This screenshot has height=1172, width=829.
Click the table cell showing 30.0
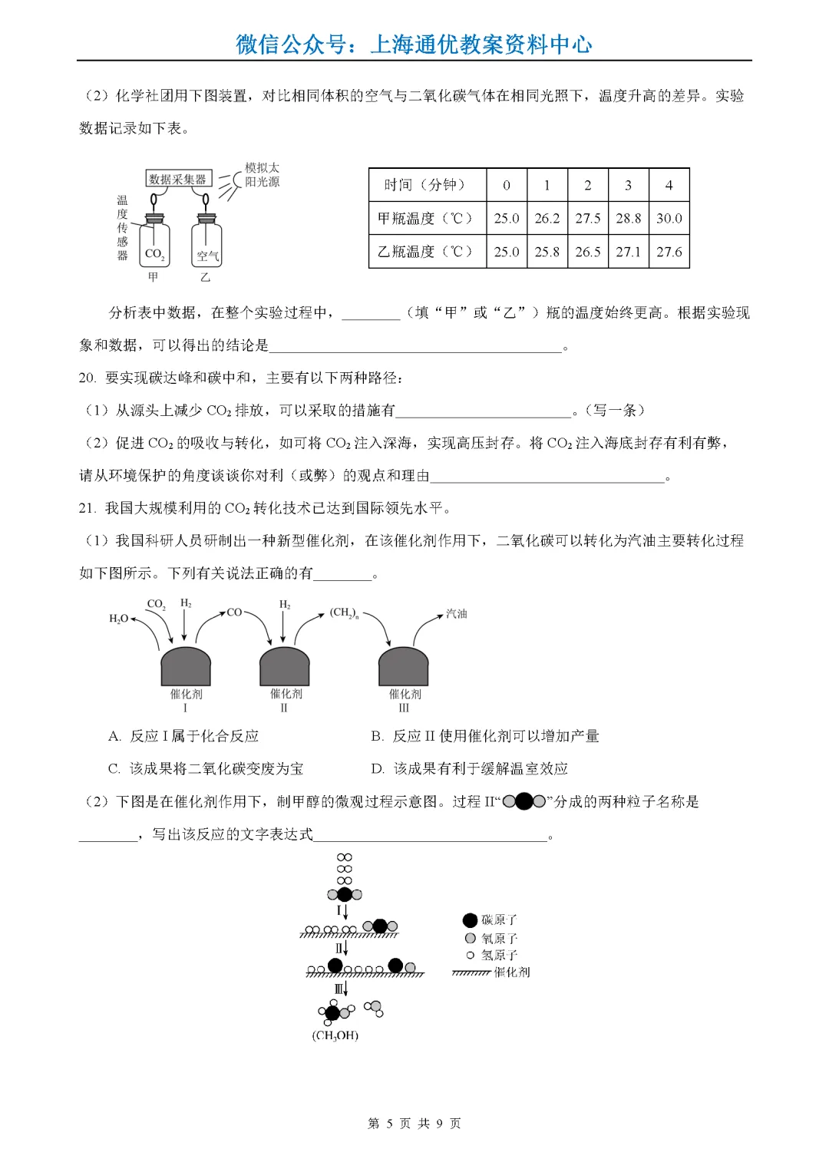click(x=669, y=218)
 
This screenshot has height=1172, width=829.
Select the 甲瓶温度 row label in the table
click(x=427, y=218)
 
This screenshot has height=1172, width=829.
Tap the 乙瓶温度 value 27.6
click(x=669, y=252)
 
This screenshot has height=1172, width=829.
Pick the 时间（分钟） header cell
click(x=427, y=185)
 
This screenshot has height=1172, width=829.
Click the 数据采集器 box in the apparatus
click(x=177, y=179)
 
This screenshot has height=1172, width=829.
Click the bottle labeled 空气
click(x=206, y=246)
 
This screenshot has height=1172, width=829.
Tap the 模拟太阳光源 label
click(x=262, y=174)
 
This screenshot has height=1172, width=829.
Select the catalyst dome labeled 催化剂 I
click(x=186, y=666)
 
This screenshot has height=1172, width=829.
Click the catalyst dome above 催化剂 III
click(x=404, y=666)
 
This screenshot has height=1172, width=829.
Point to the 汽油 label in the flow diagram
click(x=456, y=613)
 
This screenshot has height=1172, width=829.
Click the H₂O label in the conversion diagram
click(x=119, y=619)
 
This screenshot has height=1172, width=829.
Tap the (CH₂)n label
click(x=344, y=612)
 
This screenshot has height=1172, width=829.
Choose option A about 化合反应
click(x=183, y=736)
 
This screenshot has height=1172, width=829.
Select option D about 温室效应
click(x=470, y=768)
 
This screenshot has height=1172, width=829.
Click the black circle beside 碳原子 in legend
click(x=471, y=919)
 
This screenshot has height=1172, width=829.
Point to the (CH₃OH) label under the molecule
click(x=335, y=1035)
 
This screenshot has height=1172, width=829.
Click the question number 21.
click(x=86, y=508)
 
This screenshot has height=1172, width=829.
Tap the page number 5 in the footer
click(x=389, y=1124)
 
